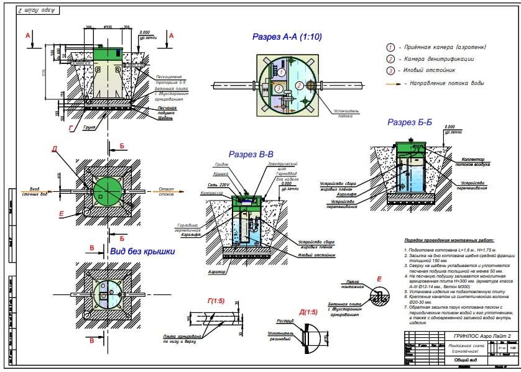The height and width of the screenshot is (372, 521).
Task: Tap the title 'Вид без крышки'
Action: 142,252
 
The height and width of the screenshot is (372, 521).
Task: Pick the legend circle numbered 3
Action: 391,71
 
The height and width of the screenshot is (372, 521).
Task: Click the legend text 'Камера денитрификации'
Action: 439,59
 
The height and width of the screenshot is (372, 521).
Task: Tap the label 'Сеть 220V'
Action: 219,185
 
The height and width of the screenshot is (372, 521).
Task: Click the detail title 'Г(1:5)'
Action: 218,301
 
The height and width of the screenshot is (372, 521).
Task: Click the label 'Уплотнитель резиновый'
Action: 286,339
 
